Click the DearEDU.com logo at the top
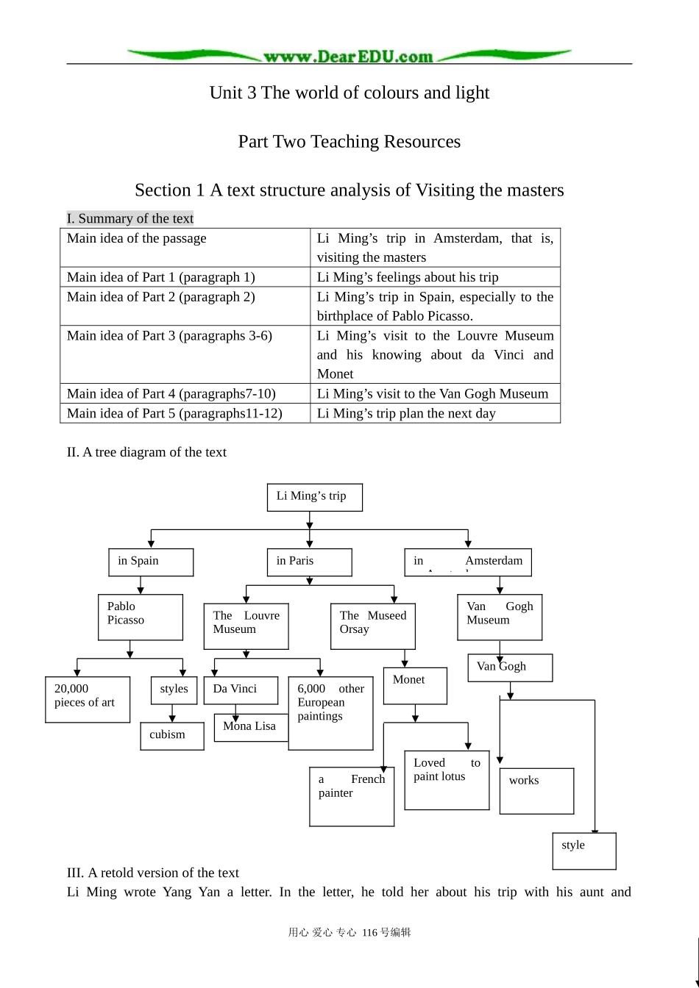349,56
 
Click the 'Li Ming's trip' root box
314,497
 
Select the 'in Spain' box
150,562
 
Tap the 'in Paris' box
309,562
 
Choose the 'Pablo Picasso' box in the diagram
140,616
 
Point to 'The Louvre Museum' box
246,626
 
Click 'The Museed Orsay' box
372,626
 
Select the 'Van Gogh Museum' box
500,616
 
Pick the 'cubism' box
171,736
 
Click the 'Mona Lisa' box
250,727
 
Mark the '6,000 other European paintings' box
330,712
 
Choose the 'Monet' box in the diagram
414,685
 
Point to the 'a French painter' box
351,796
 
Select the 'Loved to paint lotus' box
447,779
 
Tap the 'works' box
536,790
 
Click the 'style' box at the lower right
583,851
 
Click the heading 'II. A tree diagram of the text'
146,452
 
